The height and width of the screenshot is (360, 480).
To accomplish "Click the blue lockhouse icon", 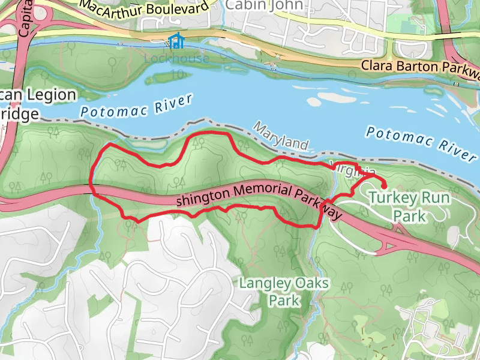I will pos(176,41).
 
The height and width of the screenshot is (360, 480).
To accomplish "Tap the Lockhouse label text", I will pos(177,59).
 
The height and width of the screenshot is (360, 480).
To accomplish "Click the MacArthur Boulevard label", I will pos(146,7).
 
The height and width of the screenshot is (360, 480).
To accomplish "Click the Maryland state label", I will pos(281,136).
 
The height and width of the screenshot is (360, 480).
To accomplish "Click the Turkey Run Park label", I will pos(406,206).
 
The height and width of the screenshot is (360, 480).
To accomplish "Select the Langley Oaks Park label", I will pos(284,290).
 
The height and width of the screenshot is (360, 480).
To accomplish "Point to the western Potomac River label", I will pos(137,106).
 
